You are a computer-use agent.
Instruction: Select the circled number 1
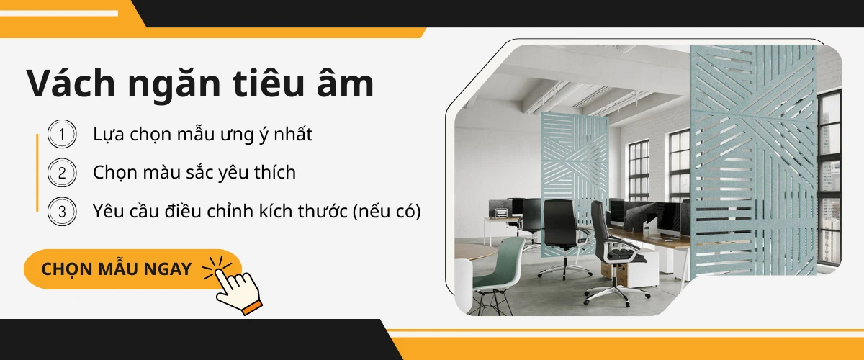coord(62,134)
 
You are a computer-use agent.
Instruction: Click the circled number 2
coord(62,173)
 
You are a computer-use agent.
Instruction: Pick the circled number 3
coord(62,212)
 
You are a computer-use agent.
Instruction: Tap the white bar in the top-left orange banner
coord(59,14)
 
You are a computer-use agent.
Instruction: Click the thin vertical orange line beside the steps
coord(37,173)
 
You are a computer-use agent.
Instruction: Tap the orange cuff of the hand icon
coord(252,308)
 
